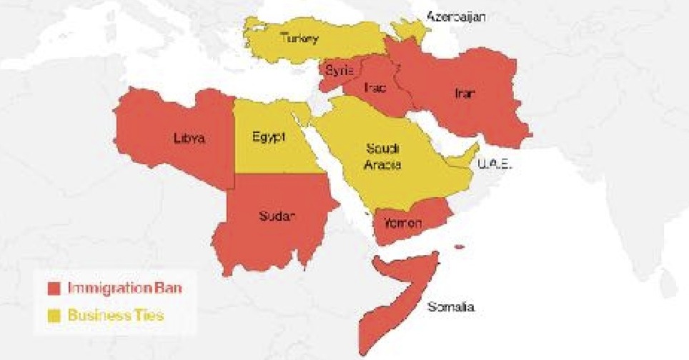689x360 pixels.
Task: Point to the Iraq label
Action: click(x=375, y=87)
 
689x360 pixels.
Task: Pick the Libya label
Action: click(x=189, y=139)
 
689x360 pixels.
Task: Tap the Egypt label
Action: click(x=269, y=136)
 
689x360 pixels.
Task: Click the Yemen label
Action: click(x=403, y=223)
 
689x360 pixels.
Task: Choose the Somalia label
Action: click(x=450, y=307)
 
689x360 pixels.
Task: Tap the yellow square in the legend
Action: click(x=53, y=314)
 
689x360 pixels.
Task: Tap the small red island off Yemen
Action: click(x=459, y=248)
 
